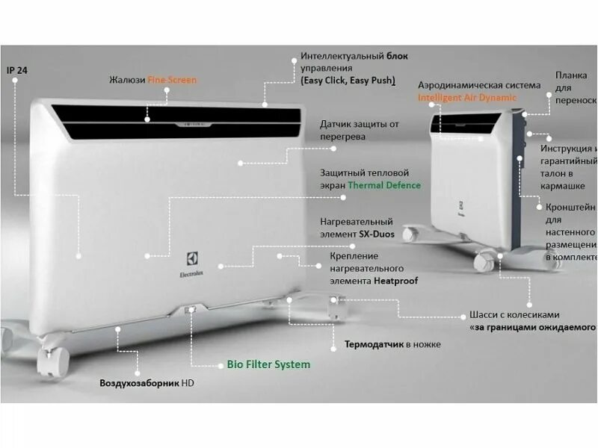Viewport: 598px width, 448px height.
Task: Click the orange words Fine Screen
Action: click(x=172, y=80)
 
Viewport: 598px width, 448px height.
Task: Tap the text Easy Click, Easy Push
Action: click(x=348, y=80)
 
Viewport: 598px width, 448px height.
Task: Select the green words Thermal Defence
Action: click(x=384, y=185)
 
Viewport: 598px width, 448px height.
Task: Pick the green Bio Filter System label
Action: click(x=268, y=364)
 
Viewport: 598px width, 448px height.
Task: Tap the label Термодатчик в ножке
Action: click(x=392, y=345)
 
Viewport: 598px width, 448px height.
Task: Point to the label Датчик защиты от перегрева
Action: click(x=360, y=130)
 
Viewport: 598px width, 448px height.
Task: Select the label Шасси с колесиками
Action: click(x=514, y=314)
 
